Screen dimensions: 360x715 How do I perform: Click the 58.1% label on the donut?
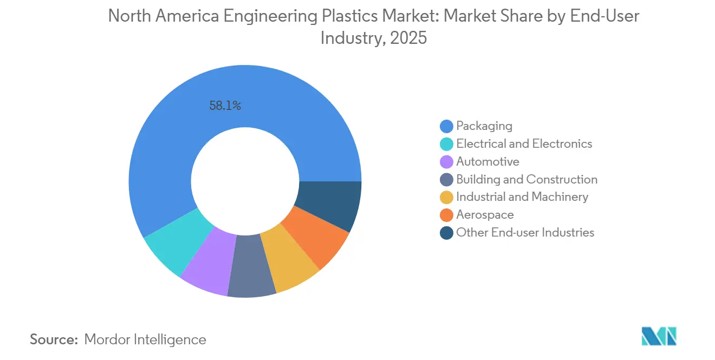[x=225, y=106]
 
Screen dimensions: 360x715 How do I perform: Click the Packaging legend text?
[x=484, y=126]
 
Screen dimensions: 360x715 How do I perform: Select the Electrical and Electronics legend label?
[x=524, y=144]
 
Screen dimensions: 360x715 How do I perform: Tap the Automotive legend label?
[x=487, y=162]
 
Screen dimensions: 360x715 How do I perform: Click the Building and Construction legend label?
[x=526, y=180]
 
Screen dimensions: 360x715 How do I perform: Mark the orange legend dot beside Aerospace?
[x=446, y=215]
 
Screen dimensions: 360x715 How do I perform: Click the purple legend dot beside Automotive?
[x=446, y=162]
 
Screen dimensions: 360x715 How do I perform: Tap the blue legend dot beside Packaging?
[x=446, y=126]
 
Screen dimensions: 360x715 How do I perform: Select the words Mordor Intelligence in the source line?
[x=145, y=340]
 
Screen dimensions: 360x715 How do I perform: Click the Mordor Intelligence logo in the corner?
[x=659, y=337]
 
